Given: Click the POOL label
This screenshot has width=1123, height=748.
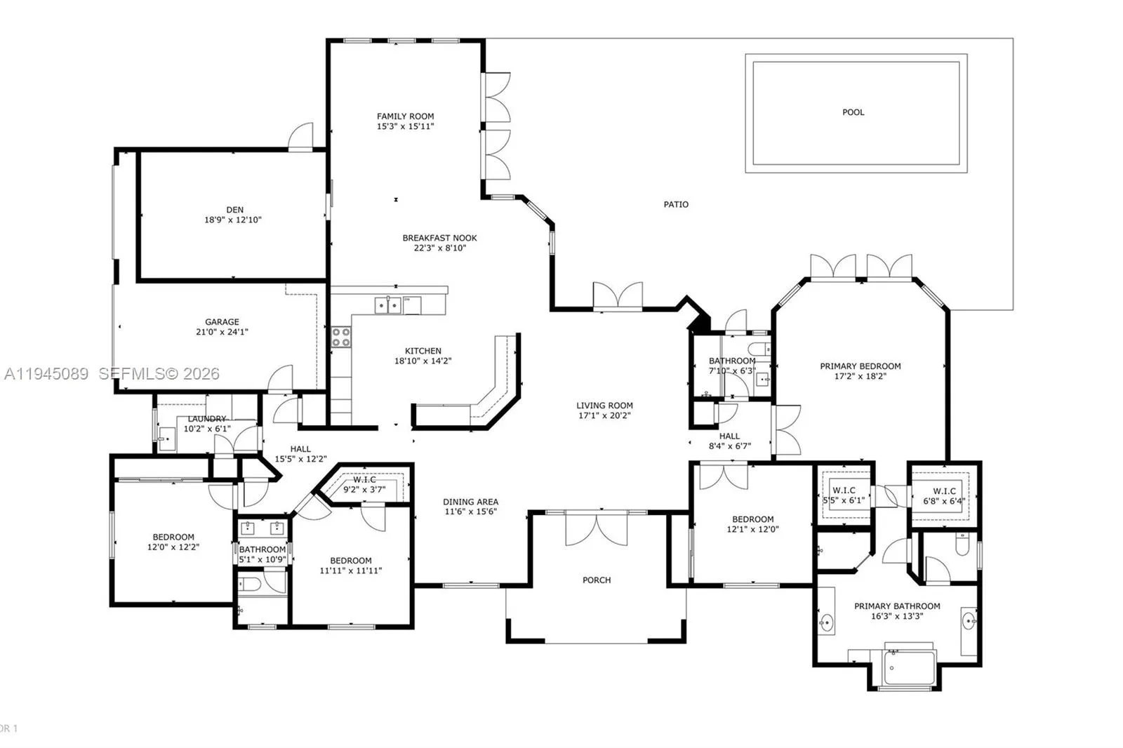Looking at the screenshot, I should (853, 112).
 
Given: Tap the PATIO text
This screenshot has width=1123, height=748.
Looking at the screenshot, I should (676, 205).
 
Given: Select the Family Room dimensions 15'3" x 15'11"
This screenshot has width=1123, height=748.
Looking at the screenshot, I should (405, 127).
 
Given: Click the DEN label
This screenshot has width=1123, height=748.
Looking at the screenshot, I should (234, 210).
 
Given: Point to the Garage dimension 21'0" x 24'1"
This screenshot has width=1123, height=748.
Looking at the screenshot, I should (222, 333).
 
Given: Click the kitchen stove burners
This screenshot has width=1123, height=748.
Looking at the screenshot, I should (341, 337).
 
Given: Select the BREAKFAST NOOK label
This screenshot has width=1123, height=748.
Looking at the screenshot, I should (439, 238).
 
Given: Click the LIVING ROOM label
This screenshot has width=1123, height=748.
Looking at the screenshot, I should (604, 406).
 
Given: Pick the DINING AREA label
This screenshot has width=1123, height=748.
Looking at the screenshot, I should (470, 502).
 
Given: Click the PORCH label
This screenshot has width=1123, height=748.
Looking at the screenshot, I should (597, 580).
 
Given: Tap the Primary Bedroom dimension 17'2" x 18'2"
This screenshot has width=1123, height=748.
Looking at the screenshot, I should (860, 376).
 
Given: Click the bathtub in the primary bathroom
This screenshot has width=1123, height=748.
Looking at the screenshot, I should (909, 667).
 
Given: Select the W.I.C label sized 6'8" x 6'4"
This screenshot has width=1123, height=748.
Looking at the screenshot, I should (944, 491).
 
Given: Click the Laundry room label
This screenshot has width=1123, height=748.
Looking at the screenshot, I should (207, 419).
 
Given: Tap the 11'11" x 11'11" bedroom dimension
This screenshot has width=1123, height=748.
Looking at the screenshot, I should (350, 570).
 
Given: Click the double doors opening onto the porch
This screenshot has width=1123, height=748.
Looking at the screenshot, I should (597, 530).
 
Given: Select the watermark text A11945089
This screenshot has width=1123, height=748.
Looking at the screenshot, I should (46, 374).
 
